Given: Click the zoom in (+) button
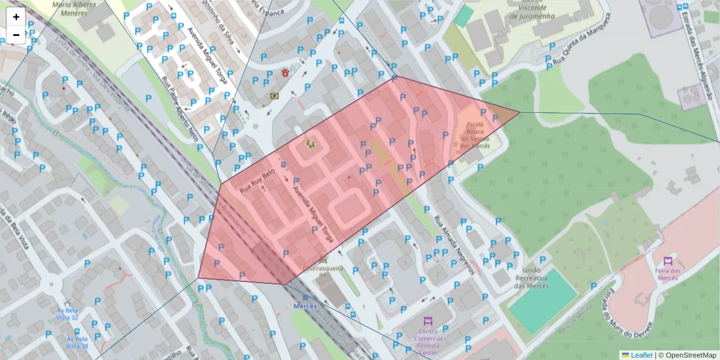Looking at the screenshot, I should (16, 17).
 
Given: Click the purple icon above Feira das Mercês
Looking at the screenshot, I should (668, 261).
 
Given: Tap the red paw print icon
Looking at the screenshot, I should (285, 73).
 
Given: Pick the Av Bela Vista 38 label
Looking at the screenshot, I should (77, 343).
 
